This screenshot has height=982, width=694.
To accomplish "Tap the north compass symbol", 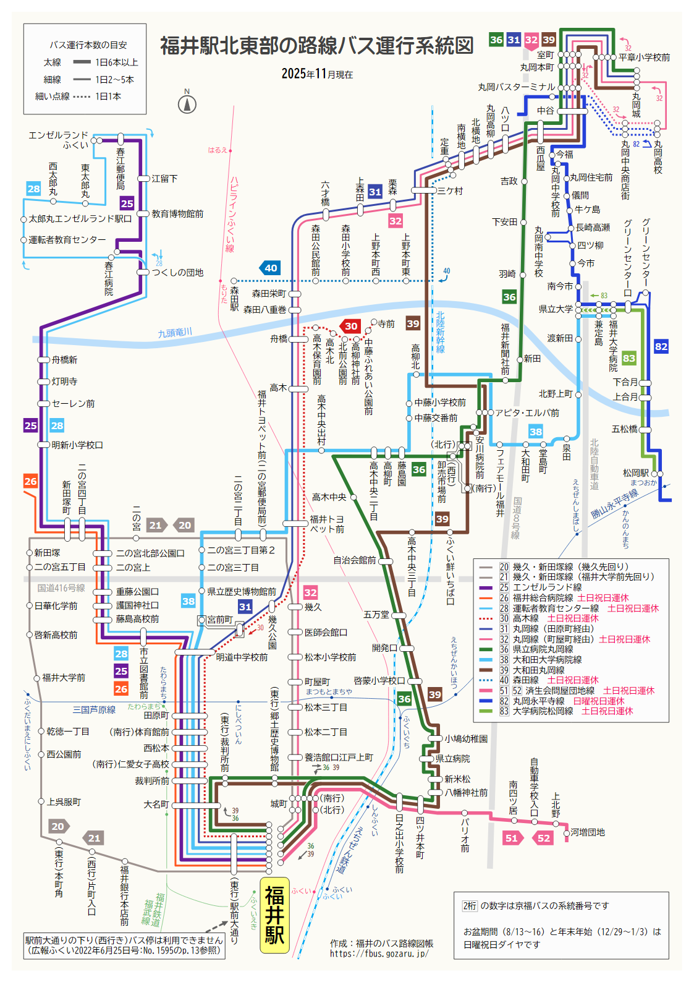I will point(187,103).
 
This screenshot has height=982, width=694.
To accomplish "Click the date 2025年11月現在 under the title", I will point(317,74).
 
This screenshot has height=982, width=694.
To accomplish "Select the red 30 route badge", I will point(350,326).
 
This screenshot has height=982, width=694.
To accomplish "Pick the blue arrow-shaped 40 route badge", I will point(270,268).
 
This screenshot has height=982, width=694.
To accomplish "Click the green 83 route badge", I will point(628,358).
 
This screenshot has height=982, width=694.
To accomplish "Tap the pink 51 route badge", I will point(512,838).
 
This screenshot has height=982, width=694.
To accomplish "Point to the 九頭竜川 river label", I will point(175,333).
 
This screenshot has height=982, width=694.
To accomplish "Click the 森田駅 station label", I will point(234,298).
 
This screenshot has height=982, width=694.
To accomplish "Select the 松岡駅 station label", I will point(635,473).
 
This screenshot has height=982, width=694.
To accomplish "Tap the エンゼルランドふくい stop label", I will point(59,140).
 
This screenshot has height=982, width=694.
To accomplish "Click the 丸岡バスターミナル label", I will point(516,87).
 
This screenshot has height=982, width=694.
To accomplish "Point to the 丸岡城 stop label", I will point(636,105).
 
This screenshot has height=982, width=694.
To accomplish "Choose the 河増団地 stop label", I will point(588,832).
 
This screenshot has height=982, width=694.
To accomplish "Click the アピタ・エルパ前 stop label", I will point(527,412).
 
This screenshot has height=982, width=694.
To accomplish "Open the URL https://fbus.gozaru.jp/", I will point(379,954).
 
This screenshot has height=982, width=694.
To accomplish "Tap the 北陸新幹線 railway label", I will point(440,332).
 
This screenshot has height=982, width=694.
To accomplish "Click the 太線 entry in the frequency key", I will point(53,62).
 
